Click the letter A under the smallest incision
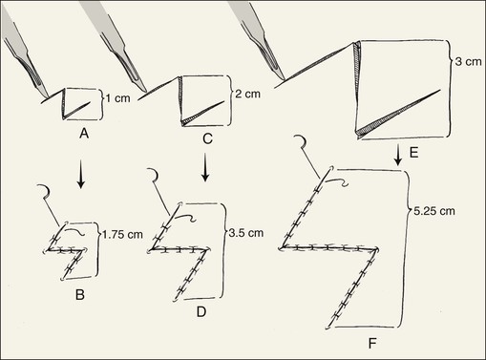pos(84,134)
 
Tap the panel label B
pos(80,295)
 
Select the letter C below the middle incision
pos(207,138)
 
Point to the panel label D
pos(201,312)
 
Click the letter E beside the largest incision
pos(413,153)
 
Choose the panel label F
pos(372,344)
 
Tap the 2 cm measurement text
pos(248,94)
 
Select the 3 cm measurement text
pos(469,61)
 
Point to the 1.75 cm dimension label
pos(122,235)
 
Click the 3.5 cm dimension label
pos(246,233)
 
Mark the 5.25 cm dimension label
pos(434,211)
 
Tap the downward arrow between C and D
pos(205,168)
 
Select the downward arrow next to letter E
pos(398,156)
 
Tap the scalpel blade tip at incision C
pos(145,92)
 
